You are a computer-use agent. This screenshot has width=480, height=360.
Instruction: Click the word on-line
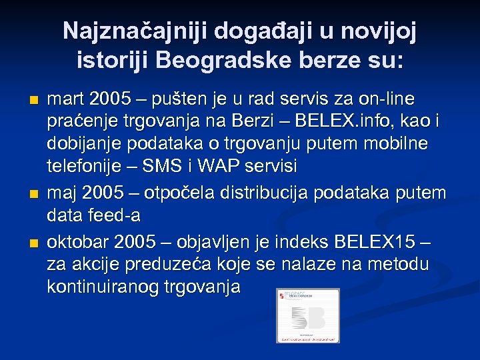[x=387, y=99]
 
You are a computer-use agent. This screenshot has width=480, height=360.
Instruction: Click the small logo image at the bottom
[x=308, y=315]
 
